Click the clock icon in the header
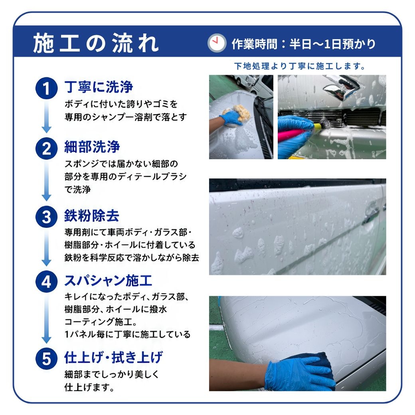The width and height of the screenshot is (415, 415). (217, 43)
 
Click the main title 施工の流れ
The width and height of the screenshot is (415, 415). (96, 43)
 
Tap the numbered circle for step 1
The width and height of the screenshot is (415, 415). (47, 88)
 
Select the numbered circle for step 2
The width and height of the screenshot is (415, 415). (47, 148)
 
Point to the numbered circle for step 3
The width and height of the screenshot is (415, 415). (47, 217)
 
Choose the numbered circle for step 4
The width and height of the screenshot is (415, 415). (47, 281)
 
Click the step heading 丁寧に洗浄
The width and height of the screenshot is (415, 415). (99, 87)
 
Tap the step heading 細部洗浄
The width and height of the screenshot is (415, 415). (92, 147)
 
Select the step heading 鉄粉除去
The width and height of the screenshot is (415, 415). (91, 215)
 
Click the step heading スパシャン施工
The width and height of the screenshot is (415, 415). (108, 281)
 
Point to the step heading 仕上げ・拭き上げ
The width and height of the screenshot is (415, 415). (114, 357)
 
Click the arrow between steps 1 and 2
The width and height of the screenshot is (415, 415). (47, 117)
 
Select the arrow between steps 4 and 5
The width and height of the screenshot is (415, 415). (47, 318)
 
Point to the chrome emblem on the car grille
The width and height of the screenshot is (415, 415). (339, 87)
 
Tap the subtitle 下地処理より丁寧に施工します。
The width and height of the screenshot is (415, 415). (300, 66)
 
